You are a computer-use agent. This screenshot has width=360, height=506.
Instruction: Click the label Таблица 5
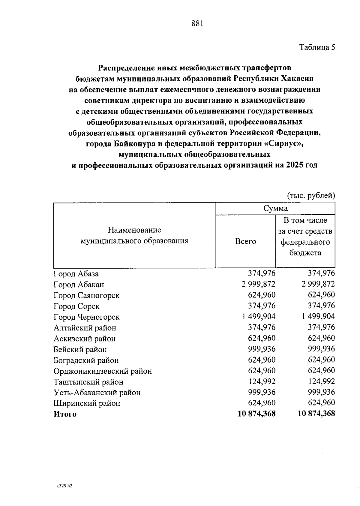point(317,47)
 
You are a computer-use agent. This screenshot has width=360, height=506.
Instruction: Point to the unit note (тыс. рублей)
point(310,196)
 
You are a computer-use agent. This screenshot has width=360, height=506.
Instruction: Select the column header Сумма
point(275,208)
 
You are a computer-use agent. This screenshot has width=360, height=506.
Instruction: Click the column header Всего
point(245,241)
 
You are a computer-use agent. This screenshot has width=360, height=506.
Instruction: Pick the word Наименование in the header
point(134,230)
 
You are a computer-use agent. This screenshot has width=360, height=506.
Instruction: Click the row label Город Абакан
point(79,285)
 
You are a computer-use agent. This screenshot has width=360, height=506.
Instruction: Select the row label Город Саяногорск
point(86,296)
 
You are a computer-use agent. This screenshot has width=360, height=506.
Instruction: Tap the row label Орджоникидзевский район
point(103,371)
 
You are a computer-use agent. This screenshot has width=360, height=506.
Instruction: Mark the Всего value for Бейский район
point(262,349)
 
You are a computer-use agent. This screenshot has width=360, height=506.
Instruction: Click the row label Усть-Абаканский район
point(97,393)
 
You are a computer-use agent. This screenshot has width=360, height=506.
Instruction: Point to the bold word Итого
point(65,414)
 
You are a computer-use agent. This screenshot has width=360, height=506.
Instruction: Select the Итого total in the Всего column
point(256,414)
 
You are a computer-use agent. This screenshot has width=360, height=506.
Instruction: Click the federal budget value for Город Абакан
point(318,284)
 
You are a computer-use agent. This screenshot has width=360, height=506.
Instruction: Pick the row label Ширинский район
point(87,403)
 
